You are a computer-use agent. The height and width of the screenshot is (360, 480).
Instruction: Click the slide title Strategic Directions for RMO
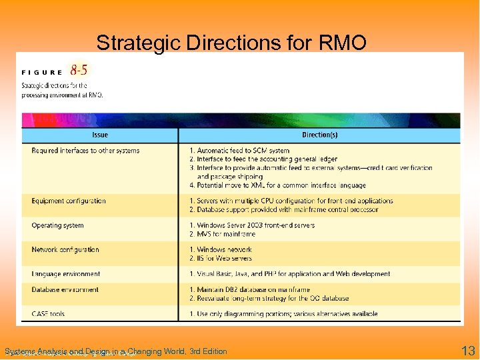click(231, 43)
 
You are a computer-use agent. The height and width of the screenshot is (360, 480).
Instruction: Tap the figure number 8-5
click(79, 70)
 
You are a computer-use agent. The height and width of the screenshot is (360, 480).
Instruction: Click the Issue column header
click(100, 135)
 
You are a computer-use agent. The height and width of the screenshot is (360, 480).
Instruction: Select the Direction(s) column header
click(320, 135)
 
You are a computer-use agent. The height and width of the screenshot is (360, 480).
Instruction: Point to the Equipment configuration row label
click(69, 201)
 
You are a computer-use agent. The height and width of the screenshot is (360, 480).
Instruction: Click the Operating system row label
click(57, 225)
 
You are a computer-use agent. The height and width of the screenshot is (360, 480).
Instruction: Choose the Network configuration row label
click(65, 249)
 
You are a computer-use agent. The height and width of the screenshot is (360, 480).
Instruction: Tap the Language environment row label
click(66, 273)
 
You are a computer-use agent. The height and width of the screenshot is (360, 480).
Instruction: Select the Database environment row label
click(65, 289)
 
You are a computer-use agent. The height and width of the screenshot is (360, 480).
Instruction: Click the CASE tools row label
click(48, 313)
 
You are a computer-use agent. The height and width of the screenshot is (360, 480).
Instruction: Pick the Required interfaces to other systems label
click(85, 151)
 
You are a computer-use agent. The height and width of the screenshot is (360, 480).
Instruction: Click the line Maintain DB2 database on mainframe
click(249, 289)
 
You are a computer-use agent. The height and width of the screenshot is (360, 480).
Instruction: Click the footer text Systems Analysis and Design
click(115, 351)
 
